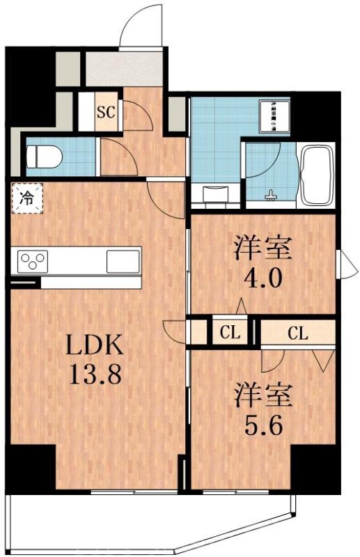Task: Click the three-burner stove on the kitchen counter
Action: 30,262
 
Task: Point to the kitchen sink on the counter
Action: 123,262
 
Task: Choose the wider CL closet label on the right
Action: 297,333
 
